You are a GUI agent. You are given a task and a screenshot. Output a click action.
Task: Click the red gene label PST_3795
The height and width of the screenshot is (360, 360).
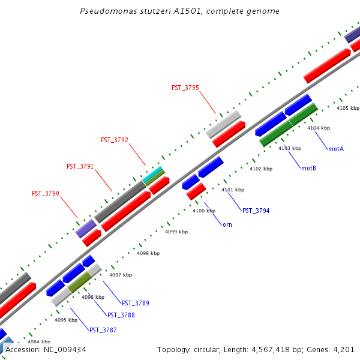tap(185, 88)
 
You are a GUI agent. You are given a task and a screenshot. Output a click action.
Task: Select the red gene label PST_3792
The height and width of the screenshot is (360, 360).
tap(114, 140)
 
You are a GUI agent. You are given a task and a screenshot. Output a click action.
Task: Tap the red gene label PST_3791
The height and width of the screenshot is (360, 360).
tap(80, 166)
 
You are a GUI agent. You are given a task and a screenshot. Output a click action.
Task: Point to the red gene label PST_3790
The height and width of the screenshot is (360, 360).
tap(45, 193)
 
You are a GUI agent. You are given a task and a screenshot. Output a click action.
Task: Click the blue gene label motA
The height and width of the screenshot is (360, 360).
tap(335, 148)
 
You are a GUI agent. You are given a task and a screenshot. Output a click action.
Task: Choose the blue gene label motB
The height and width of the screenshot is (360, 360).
tap(308, 168)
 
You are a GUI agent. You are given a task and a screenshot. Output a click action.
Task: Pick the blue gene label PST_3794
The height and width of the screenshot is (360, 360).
tap(256, 211)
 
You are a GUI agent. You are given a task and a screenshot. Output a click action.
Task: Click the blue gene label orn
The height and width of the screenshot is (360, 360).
tap(227, 224)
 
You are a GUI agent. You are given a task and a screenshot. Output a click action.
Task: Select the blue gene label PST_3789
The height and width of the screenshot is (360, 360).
tap(135, 303)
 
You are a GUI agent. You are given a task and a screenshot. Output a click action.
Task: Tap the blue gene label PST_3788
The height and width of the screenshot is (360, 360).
tap(121, 315)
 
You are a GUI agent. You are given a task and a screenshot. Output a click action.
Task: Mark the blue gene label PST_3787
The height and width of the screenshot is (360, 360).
tap(103, 330)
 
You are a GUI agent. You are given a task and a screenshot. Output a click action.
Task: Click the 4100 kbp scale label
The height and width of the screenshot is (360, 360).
tap(202, 211)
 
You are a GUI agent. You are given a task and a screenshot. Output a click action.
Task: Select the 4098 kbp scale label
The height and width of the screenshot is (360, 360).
tap(148, 253)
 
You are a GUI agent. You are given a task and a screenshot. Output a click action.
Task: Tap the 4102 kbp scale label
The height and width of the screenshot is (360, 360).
tap(260, 169)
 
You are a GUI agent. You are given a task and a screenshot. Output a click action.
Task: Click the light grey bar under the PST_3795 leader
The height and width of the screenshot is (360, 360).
tap(223, 124)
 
